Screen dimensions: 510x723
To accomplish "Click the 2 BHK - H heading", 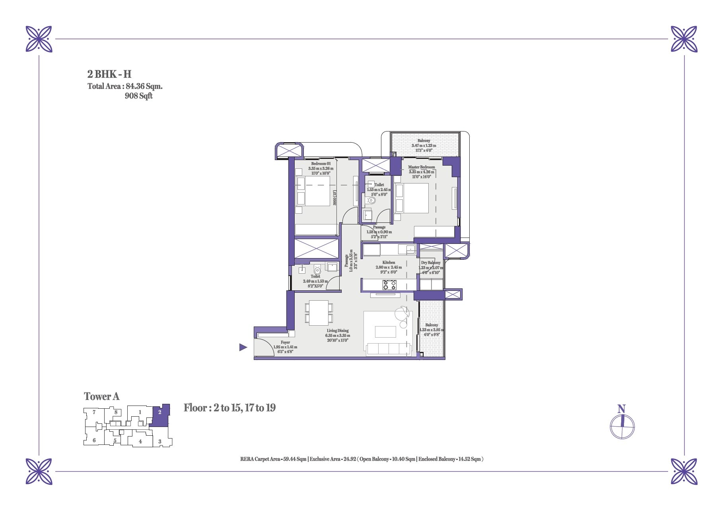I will tap(109, 74).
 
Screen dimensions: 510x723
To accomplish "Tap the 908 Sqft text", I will tap(139, 96).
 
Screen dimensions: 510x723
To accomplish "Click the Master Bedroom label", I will tap(422, 167).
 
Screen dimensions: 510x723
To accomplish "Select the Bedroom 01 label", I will tap(321, 164).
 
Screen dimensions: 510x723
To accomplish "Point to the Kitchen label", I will tap(389, 263).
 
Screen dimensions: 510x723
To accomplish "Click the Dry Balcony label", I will tap(431, 263).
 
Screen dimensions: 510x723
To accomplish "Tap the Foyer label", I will tap(285, 342).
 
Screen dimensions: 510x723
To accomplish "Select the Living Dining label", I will tap(338, 330).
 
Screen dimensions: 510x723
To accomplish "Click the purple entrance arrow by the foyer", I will tap(243, 348).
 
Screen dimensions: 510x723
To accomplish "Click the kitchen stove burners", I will tap(389, 285).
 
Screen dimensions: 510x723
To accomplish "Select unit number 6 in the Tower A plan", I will tap(94, 440).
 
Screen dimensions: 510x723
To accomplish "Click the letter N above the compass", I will tap(622, 409).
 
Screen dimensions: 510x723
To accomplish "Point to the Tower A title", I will tap(102, 396).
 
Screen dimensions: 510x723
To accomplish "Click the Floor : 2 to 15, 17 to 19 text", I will tap(229, 408).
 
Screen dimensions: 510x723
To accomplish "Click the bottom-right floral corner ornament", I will tap(684, 471).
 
